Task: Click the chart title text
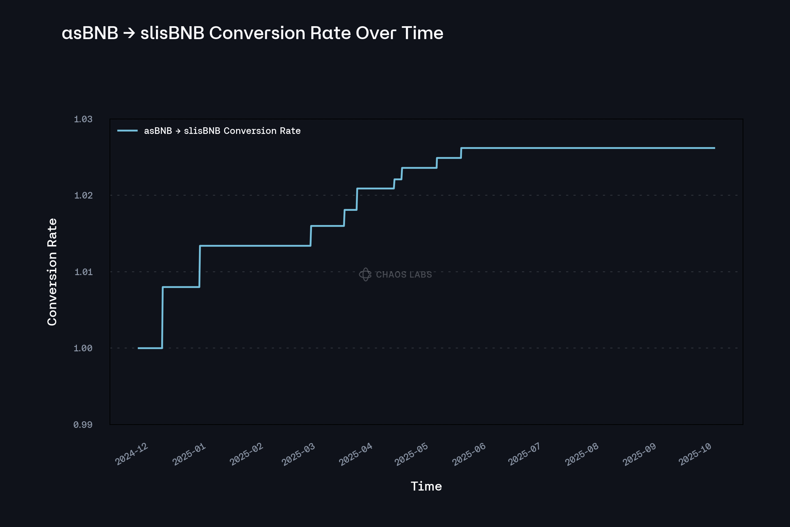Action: [252, 33]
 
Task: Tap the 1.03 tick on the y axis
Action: [83, 119]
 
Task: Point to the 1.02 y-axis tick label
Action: [83, 195]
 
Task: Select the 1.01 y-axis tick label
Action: [83, 271]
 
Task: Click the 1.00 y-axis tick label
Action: [83, 348]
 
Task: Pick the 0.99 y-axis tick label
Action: [83, 425]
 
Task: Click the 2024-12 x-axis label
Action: [131, 454]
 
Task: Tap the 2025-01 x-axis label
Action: [189, 454]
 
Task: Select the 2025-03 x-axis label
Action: [298, 454]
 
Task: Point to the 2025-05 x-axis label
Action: [411, 454]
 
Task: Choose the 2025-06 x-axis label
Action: [469, 454]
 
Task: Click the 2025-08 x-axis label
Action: [581, 454]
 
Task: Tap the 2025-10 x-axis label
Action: [695, 454]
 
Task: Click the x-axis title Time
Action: [426, 486]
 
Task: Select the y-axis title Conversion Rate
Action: [52, 272]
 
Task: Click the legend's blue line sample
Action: [127, 131]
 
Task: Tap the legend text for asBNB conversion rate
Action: [222, 131]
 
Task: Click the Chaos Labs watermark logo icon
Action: [365, 274]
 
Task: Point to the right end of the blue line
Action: [715, 148]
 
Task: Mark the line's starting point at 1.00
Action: [139, 348]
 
